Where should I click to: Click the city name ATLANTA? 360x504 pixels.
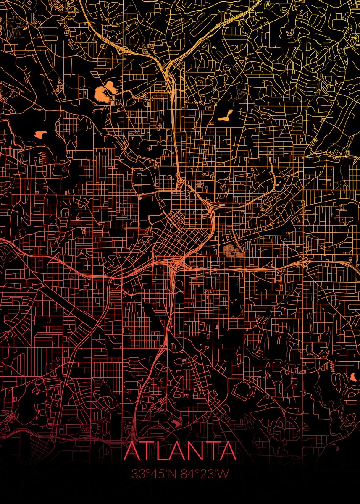pyautogui.click(x=180, y=451)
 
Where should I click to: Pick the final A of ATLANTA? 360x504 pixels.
pyautogui.click(x=227, y=451)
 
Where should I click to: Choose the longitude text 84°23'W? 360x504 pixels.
pyautogui.click(x=205, y=474)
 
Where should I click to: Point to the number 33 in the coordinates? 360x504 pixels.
pyautogui.click(x=138, y=474)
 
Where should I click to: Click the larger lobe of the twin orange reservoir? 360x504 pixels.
pyautogui.click(x=101, y=94)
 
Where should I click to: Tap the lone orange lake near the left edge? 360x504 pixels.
pyautogui.click(x=40, y=134)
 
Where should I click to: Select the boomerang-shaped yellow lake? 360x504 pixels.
pyautogui.click(x=226, y=116)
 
